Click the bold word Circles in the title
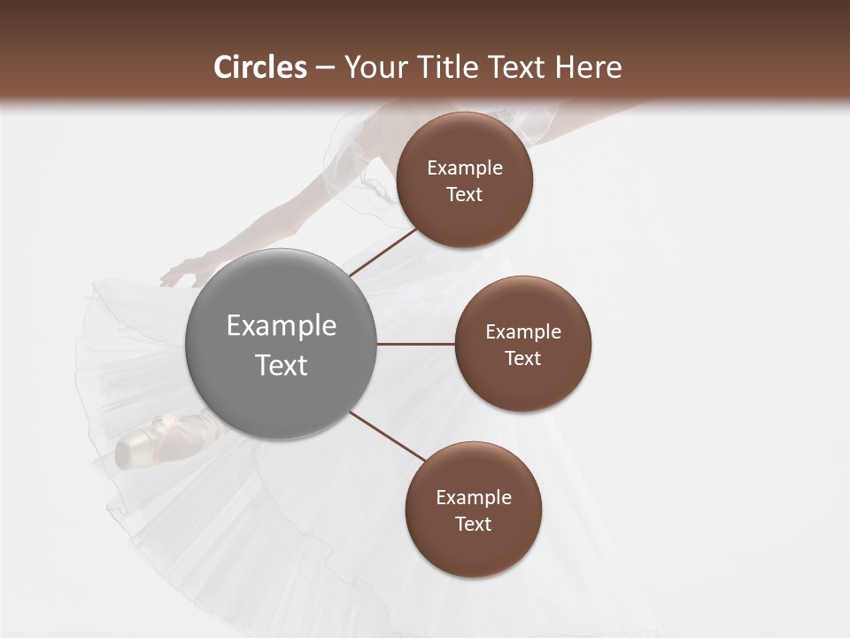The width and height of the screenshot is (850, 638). [x=260, y=67]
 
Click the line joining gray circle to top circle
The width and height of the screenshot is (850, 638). [x=382, y=252]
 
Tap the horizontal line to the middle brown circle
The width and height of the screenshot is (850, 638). [x=416, y=344]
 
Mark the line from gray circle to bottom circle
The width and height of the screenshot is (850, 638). [x=388, y=436]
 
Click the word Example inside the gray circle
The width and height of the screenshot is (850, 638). [x=282, y=326]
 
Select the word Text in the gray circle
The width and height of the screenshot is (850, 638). [x=282, y=365]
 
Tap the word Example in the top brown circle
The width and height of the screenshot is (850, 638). [x=465, y=168]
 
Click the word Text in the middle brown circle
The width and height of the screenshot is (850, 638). [x=522, y=358]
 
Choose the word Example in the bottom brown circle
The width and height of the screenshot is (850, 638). [x=474, y=498]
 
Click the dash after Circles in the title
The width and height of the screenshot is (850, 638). [x=325, y=68]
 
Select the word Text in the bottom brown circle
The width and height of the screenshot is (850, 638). [x=474, y=524]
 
